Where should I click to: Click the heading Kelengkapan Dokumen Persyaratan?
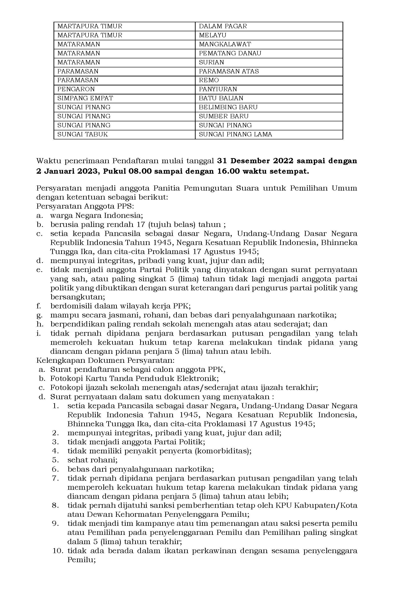105,360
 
